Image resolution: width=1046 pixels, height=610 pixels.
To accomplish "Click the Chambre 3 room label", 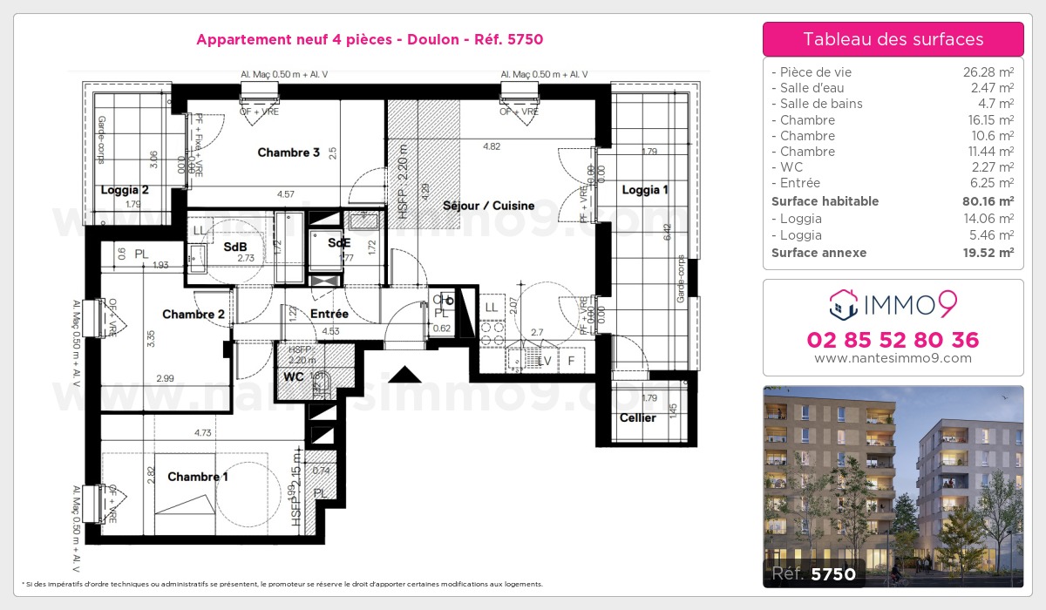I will (289, 152).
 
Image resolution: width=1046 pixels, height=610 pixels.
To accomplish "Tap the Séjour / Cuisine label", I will (488, 206).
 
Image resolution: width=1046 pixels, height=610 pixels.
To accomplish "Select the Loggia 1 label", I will (645, 190).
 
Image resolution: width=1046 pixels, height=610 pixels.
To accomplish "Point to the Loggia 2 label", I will (125, 190).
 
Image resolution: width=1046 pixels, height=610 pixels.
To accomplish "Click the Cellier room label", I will (638, 418).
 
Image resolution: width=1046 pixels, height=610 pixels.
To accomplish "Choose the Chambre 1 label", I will (198, 477).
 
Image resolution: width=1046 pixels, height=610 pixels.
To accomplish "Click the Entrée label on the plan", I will (329, 314).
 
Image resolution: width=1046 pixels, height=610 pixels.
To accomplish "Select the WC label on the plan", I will (293, 378).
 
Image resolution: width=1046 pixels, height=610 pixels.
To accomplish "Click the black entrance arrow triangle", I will (404, 374).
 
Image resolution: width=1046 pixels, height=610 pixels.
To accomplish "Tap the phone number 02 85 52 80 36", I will (893, 340).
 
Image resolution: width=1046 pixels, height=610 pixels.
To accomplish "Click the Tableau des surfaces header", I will (893, 39).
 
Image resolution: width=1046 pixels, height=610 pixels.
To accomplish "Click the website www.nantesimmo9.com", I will (893, 358).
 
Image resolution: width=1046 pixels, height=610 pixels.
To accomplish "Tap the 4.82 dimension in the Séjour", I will (492, 146).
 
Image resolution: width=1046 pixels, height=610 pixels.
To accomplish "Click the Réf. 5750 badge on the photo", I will (814, 573).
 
